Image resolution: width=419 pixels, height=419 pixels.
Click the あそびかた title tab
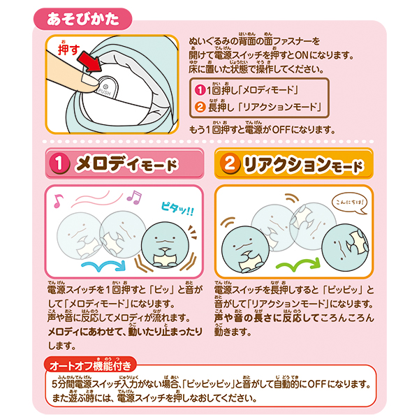coord(83,20)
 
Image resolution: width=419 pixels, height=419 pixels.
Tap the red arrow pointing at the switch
coord(90,61)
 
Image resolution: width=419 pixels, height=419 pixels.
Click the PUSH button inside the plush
coord(106,87)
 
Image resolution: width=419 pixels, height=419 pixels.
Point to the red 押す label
coord(68,49)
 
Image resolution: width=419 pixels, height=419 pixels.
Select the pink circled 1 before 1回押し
coord(200,90)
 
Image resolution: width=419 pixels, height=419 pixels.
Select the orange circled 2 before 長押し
coord(200,108)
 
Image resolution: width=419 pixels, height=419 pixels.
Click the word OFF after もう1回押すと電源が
coord(281,130)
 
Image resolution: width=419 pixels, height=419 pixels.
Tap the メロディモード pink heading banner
coord(124,163)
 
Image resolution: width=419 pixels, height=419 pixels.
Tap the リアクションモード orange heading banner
coord(294,163)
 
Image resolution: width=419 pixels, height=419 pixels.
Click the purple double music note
coord(134,197)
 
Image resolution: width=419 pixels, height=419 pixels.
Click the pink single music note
coord(58,200)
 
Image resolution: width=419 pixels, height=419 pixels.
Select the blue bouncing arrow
coord(103,266)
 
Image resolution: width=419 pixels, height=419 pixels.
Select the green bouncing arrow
coord(298,264)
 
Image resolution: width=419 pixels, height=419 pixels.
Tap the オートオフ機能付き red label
coord(90,365)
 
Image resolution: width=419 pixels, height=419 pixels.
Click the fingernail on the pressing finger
coord(89,80)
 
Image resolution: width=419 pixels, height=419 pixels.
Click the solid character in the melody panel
coord(165,245)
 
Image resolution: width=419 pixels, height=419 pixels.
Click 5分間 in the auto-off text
coord(64,385)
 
